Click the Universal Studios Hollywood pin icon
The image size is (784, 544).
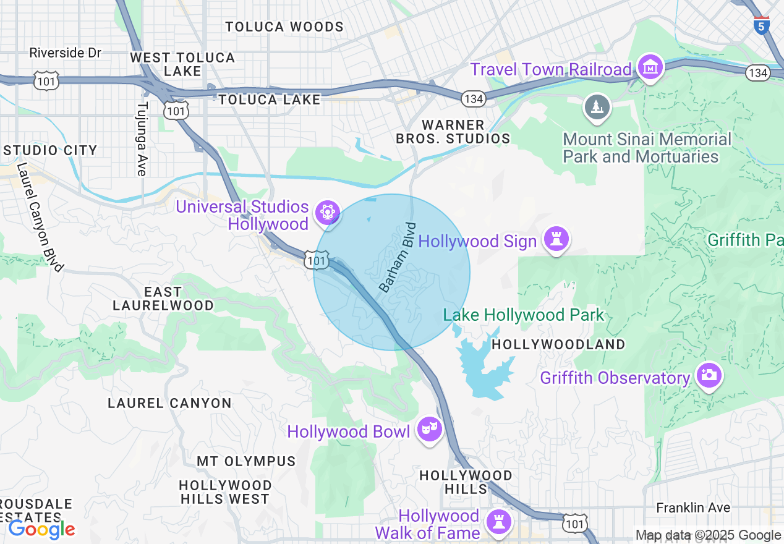(327, 213)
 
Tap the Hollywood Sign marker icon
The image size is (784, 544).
(556, 239)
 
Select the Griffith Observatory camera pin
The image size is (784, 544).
(708, 375)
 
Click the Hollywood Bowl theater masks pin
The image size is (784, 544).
(429, 428)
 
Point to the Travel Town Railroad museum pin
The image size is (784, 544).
(650, 67)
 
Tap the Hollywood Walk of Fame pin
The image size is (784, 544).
(498, 522)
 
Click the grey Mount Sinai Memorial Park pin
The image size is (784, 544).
(597, 108)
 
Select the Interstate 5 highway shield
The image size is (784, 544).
(762, 25)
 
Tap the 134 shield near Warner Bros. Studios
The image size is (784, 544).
(472, 98)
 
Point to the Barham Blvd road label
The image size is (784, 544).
(398, 257)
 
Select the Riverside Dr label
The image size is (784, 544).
(65, 53)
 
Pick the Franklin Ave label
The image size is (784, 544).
(692, 508)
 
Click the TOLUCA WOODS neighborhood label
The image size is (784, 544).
(284, 27)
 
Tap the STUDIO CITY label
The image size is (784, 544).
(51, 150)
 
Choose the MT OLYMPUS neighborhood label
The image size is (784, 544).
(246, 461)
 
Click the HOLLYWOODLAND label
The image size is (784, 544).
(558, 344)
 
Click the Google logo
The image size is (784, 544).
(41, 529)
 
